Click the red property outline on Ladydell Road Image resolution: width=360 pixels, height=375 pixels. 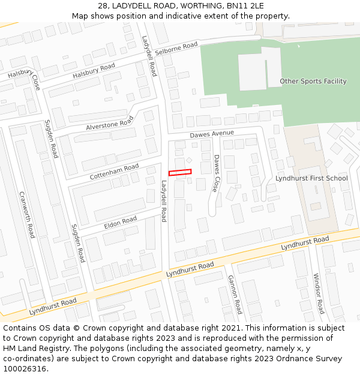pos(180,173)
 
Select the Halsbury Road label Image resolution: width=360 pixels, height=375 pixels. pos(94,71)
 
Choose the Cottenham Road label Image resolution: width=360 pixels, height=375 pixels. pos(114,172)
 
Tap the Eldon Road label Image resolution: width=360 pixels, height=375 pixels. pos(121,222)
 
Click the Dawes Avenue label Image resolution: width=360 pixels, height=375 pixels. pos(212,134)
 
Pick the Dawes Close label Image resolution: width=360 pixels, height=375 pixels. pos(216,173)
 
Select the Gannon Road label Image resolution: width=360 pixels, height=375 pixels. pos(234,294)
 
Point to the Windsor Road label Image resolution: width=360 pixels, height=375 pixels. pos(318,293)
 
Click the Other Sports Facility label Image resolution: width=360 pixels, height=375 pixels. pos(313,81)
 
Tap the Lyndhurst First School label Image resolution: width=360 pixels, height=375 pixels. pos(311,178)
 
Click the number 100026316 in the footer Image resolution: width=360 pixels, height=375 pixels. pos(25,368)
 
